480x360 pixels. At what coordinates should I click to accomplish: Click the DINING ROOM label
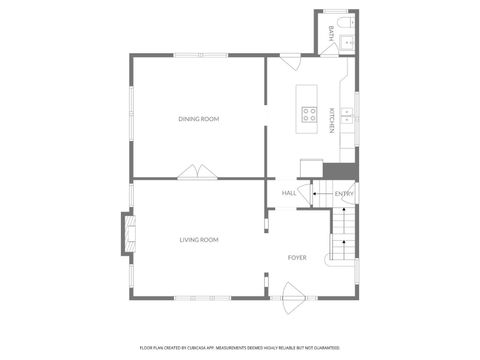pyautogui.click(x=198, y=119)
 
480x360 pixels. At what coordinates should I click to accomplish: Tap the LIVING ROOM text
pyautogui.click(x=199, y=240)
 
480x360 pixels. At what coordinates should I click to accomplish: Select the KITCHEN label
pyautogui.click(x=332, y=119)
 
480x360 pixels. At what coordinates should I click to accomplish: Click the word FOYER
pyautogui.click(x=297, y=257)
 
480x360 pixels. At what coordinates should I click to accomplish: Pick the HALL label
pyautogui.click(x=288, y=193)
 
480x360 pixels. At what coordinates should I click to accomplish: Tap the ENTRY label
pyautogui.click(x=343, y=193)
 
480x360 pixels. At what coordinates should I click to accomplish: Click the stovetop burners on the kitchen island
pyautogui.click(x=309, y=113)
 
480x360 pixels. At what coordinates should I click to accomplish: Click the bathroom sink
pyautogui.click(x=348, y=42)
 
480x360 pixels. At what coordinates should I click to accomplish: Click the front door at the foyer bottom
pyautogui.click(x=294, y=293)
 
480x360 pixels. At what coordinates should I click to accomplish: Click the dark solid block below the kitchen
pyautogui.click(x=346, y=170)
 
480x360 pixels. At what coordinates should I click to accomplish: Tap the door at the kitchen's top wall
pyautogui.click(x=289, y=62)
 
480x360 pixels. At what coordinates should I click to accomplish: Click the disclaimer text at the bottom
pyautogui.click(x=239, y=347)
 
